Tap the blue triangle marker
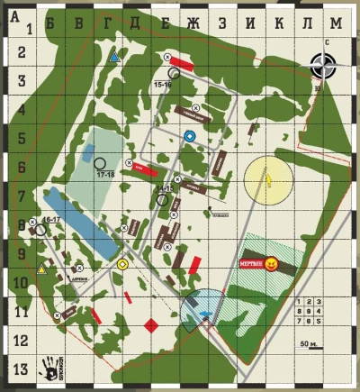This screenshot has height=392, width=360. point(114,57)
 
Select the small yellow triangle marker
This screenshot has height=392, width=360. point(41,269)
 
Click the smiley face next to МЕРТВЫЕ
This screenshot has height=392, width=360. point(271,263)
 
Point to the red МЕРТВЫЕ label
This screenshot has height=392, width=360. point(251,263)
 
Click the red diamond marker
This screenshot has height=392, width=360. point(151,324)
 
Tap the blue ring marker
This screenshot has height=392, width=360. point(189,135)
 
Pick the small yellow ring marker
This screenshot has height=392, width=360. point(122,264)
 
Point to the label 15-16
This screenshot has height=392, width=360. point(163,84)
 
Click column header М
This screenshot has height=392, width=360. point(337,22)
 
